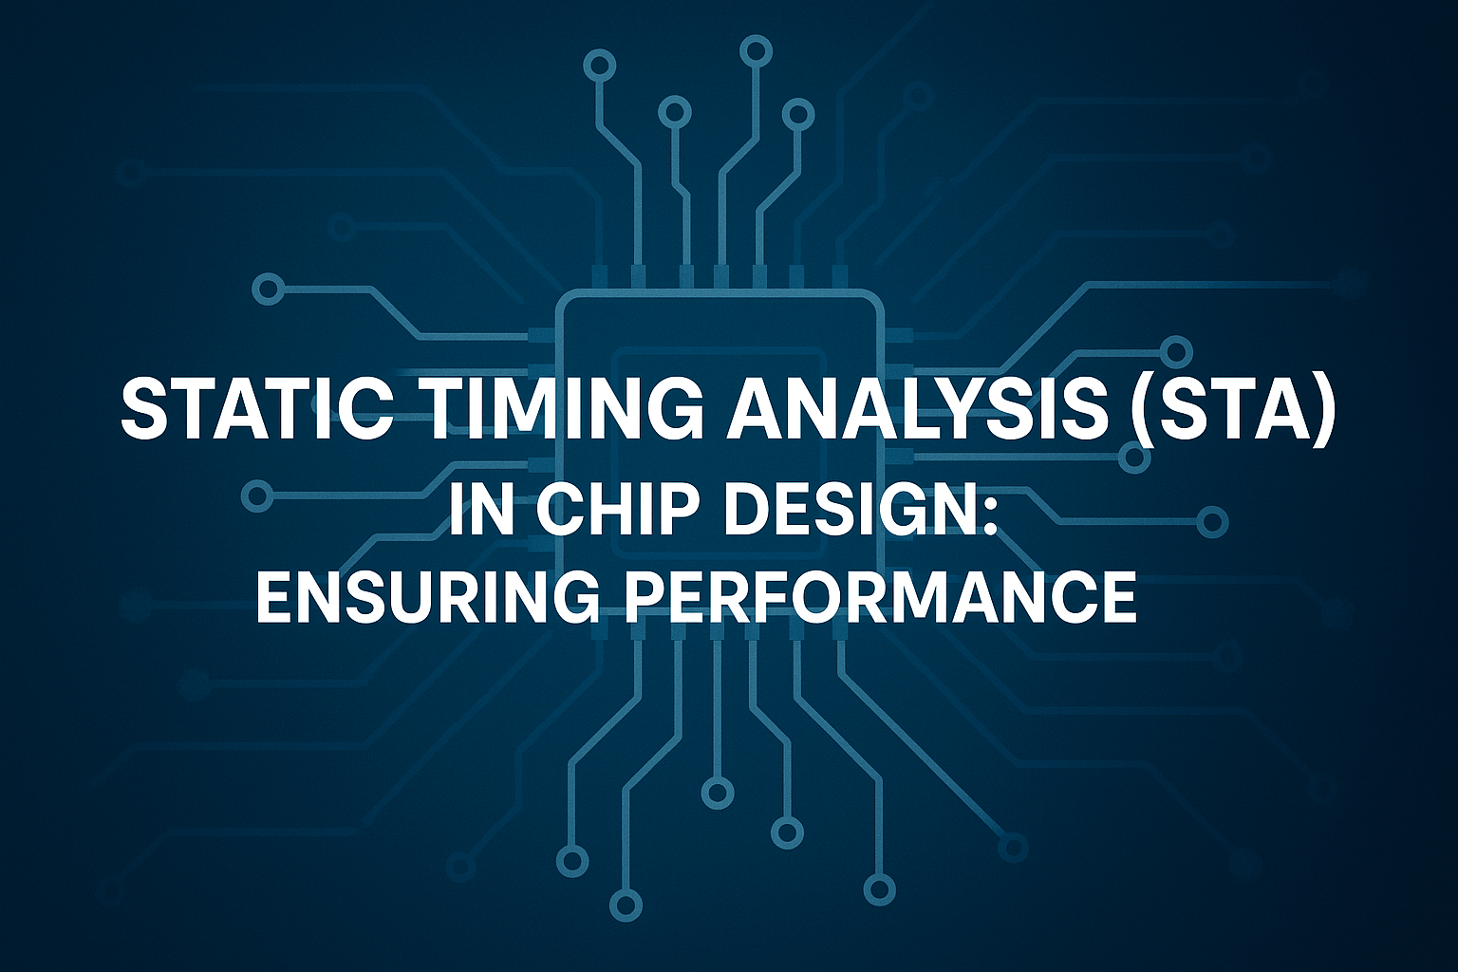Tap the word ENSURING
pyautogui.click(x=426, y=596)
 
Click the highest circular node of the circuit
pyautogui.click(x=756, y=48)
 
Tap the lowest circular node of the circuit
pyautogui.click(x=626, y=904)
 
